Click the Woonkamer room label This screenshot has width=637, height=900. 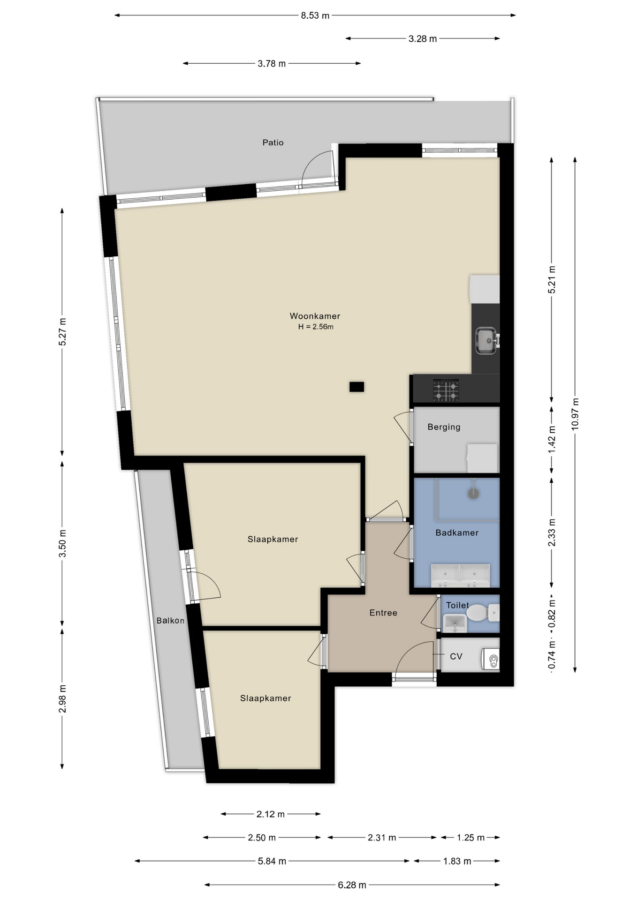coord(315,316)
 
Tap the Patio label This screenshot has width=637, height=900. coord(273,142)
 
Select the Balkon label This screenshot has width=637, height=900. coord(170,621)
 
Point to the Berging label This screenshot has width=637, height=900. coord(444,427)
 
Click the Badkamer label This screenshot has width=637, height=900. coord(457,532)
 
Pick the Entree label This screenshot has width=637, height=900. coord(383,613)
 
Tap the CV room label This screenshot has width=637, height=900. coord(456,656)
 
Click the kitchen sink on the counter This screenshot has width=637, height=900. coord(486,340)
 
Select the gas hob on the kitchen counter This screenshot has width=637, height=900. coord(446,390)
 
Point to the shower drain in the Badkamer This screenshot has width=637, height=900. coord(474,493)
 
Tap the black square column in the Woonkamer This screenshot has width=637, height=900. coord(356,387)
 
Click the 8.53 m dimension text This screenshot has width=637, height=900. coord(315,15)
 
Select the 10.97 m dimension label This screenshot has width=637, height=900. coord(575,414)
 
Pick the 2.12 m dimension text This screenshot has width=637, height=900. coord(271,814)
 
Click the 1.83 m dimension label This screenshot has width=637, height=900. coord(457,861)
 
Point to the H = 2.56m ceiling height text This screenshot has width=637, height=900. coord(316,327)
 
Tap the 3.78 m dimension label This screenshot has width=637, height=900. coord(272,64)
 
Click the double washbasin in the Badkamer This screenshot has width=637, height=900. coord(460,576)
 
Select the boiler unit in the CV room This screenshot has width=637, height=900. coord(491,659)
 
